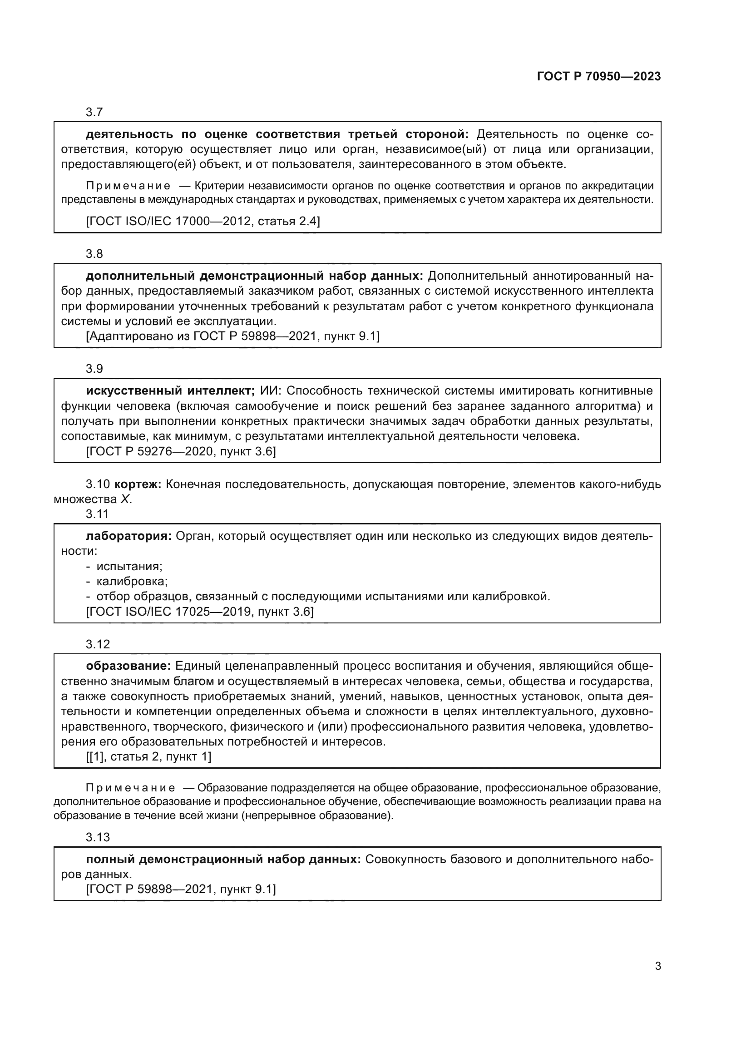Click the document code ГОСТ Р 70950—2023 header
[x=599, y=77]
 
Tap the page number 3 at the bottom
[x=658, y=966]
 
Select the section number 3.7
[x=94, y=113]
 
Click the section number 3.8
[x=94, y=254]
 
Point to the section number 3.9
[x=94, y=369]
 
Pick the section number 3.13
[x=98, y=837]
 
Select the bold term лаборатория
[x=128, y=536]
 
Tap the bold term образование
[x=128, y=666]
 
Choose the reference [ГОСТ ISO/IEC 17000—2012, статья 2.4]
[x=203, y=221]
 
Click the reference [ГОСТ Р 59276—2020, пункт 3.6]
[x=181, y=451]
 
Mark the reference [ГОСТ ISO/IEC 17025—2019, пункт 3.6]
[x=200, y=612]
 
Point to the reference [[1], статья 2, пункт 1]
[x=148, y=757]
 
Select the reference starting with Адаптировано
[x=232, y=336]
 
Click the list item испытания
[x=129, y=566]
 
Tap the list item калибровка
[x=132, y=582]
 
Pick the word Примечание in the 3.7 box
[x=128, y=186]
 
